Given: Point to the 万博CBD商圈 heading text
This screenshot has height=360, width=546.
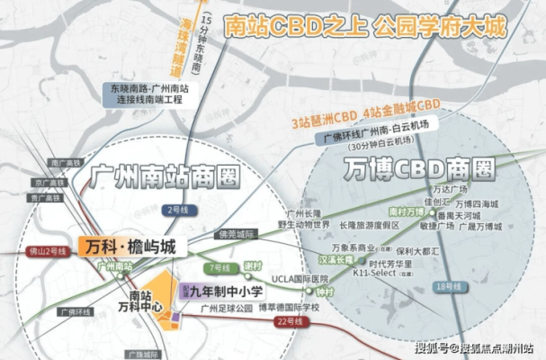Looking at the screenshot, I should click(419, 166).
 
